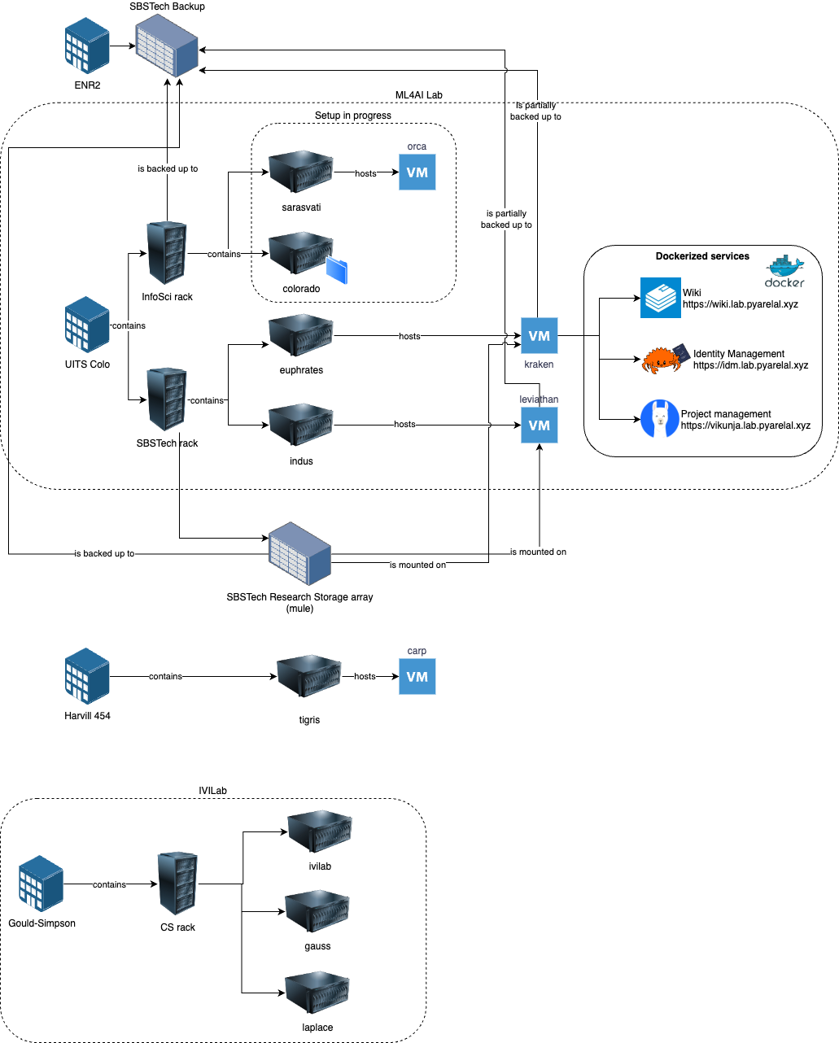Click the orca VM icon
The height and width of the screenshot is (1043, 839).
pos(417,172)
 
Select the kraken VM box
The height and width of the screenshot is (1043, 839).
pos(539,335)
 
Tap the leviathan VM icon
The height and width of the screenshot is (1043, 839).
pos(539,425)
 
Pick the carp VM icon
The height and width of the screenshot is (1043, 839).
pos(417,676)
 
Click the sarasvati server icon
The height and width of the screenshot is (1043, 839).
pos(301,172)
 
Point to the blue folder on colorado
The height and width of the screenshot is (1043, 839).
pos(337,270)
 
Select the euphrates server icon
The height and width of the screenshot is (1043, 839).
pos(301,335)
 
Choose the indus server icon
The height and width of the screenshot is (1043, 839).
pos(301,425)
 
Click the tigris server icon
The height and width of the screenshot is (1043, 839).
pos(309,676)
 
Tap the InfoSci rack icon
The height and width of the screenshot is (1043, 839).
pos(167,253)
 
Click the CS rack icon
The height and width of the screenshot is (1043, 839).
pos(177,884)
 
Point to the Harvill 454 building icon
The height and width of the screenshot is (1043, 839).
pos(87,676)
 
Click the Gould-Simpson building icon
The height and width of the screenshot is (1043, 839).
pos(42,884)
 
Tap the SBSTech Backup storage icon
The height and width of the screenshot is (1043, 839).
pos(167,46)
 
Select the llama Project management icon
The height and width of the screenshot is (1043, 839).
pos(659,419)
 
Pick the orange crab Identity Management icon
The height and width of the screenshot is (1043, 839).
pos(663,359)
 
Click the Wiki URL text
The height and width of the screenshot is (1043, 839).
pos(741,304)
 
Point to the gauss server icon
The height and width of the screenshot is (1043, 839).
pos(317,911)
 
